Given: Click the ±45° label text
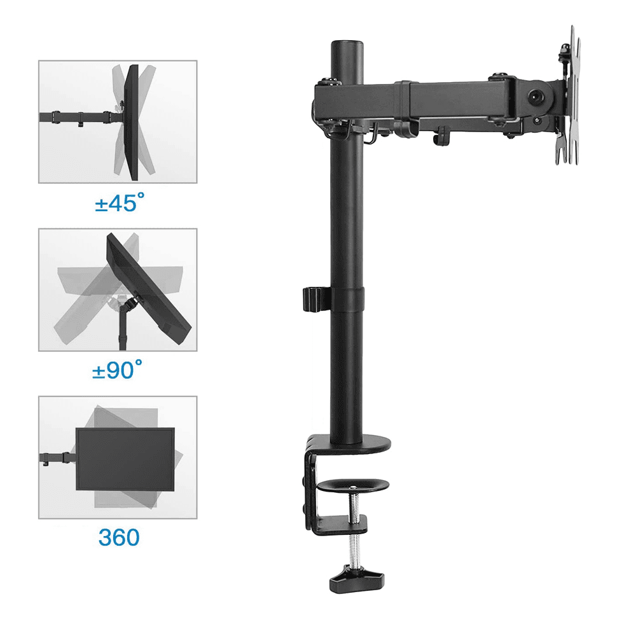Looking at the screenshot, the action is [x=120, y=202].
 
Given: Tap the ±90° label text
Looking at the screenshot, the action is [x=117, y=370].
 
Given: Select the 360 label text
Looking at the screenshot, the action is [x=119, y=537].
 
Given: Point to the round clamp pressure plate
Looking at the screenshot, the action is [x=353, y=485].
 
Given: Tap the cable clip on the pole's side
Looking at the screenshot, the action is [x=316, y=300].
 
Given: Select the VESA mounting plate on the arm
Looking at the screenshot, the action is [x=568, y=95].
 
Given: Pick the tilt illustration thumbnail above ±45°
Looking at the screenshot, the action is [x=118, y=121].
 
